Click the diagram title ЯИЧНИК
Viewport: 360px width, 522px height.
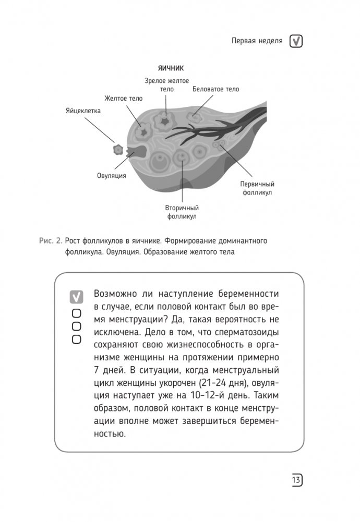[171, 68]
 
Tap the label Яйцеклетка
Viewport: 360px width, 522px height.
[83, 111]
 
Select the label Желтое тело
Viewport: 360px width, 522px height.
[123, 99]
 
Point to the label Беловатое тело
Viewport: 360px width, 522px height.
[216, 89]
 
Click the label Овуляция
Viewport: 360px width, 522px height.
[112, 176]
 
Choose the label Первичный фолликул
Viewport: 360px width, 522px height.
[257, 188]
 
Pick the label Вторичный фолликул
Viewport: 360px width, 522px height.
[182, 212]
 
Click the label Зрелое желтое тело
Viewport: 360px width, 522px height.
[167, 85]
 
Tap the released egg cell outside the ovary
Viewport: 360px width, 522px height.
[118, 150]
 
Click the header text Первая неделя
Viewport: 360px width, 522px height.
[257, 41]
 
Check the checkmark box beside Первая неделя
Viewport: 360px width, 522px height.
[296, 41]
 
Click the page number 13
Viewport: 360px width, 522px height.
[296, 480]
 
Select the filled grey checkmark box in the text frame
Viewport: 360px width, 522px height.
[76, 297]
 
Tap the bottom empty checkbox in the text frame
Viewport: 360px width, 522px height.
[77, 339]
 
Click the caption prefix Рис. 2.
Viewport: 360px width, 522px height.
[51, 241]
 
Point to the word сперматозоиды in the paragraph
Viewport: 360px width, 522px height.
[247, 332]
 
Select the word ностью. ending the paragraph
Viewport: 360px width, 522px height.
[110, 434]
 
